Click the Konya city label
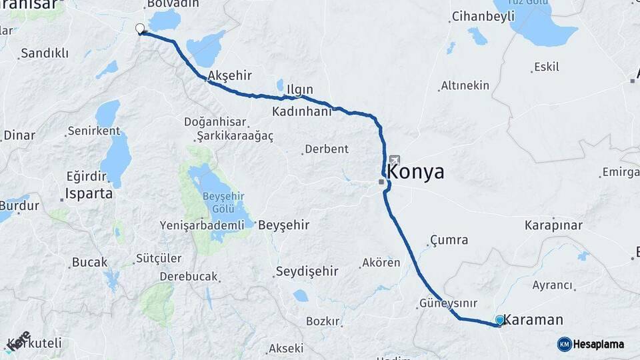point(415,172)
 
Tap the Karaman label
point(533,320)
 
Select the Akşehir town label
point(230,76)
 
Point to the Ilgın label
point(299,89)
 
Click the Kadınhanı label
point(301,111)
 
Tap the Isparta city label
point(88,194)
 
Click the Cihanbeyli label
point(481,16)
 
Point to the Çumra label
point(449,240)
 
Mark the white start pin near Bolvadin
point(140,29)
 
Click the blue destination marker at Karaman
point(500,320)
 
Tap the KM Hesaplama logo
point(591,344)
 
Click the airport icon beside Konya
point(395,160)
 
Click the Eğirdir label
point(86,176)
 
